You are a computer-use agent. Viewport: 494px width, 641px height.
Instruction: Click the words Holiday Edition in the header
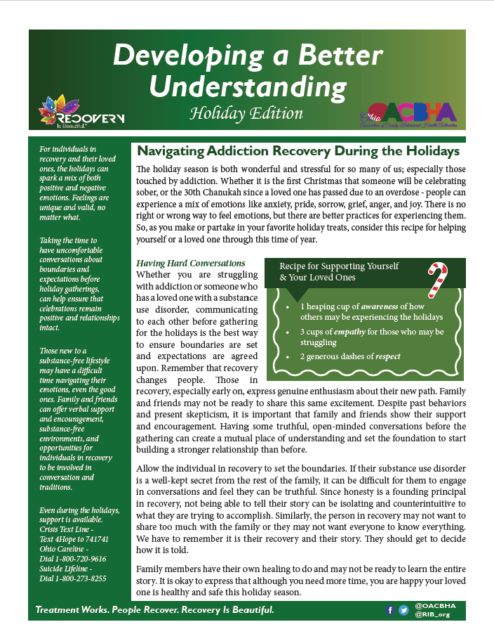coord(246,113)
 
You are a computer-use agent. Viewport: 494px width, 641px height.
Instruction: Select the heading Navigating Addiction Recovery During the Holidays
coord(298,151)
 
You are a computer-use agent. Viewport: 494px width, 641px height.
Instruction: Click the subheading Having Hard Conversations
coord(190,263)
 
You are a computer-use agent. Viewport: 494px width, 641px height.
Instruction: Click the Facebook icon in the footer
coord(390,610)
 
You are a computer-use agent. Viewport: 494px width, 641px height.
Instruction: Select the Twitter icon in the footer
coord(403,610)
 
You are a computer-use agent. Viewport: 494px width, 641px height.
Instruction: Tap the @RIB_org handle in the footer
coord(432,615)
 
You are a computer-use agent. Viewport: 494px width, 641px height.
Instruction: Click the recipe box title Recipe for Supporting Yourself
coord(339,266)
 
